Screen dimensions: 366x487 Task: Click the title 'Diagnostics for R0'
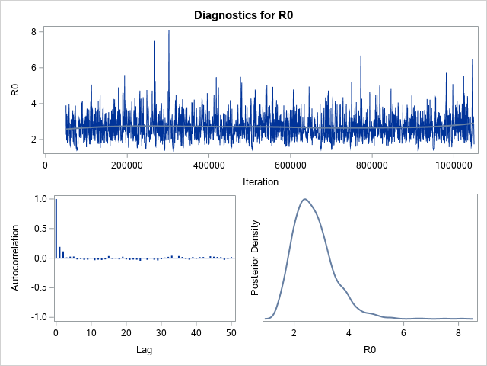click(243, 14)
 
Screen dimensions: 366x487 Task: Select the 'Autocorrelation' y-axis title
click(16, 258)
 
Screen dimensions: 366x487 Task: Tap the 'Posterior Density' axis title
click(256, 258)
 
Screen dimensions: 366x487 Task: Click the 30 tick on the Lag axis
click(161, 332)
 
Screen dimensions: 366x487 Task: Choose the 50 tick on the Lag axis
click(231, 332)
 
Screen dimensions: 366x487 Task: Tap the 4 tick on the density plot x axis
click(349, 332)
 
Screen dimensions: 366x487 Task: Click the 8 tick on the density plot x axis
click(458, 332)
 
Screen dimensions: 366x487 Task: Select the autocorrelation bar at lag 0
click(56, 229)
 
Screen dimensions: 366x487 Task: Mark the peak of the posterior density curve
click(304, 199)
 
